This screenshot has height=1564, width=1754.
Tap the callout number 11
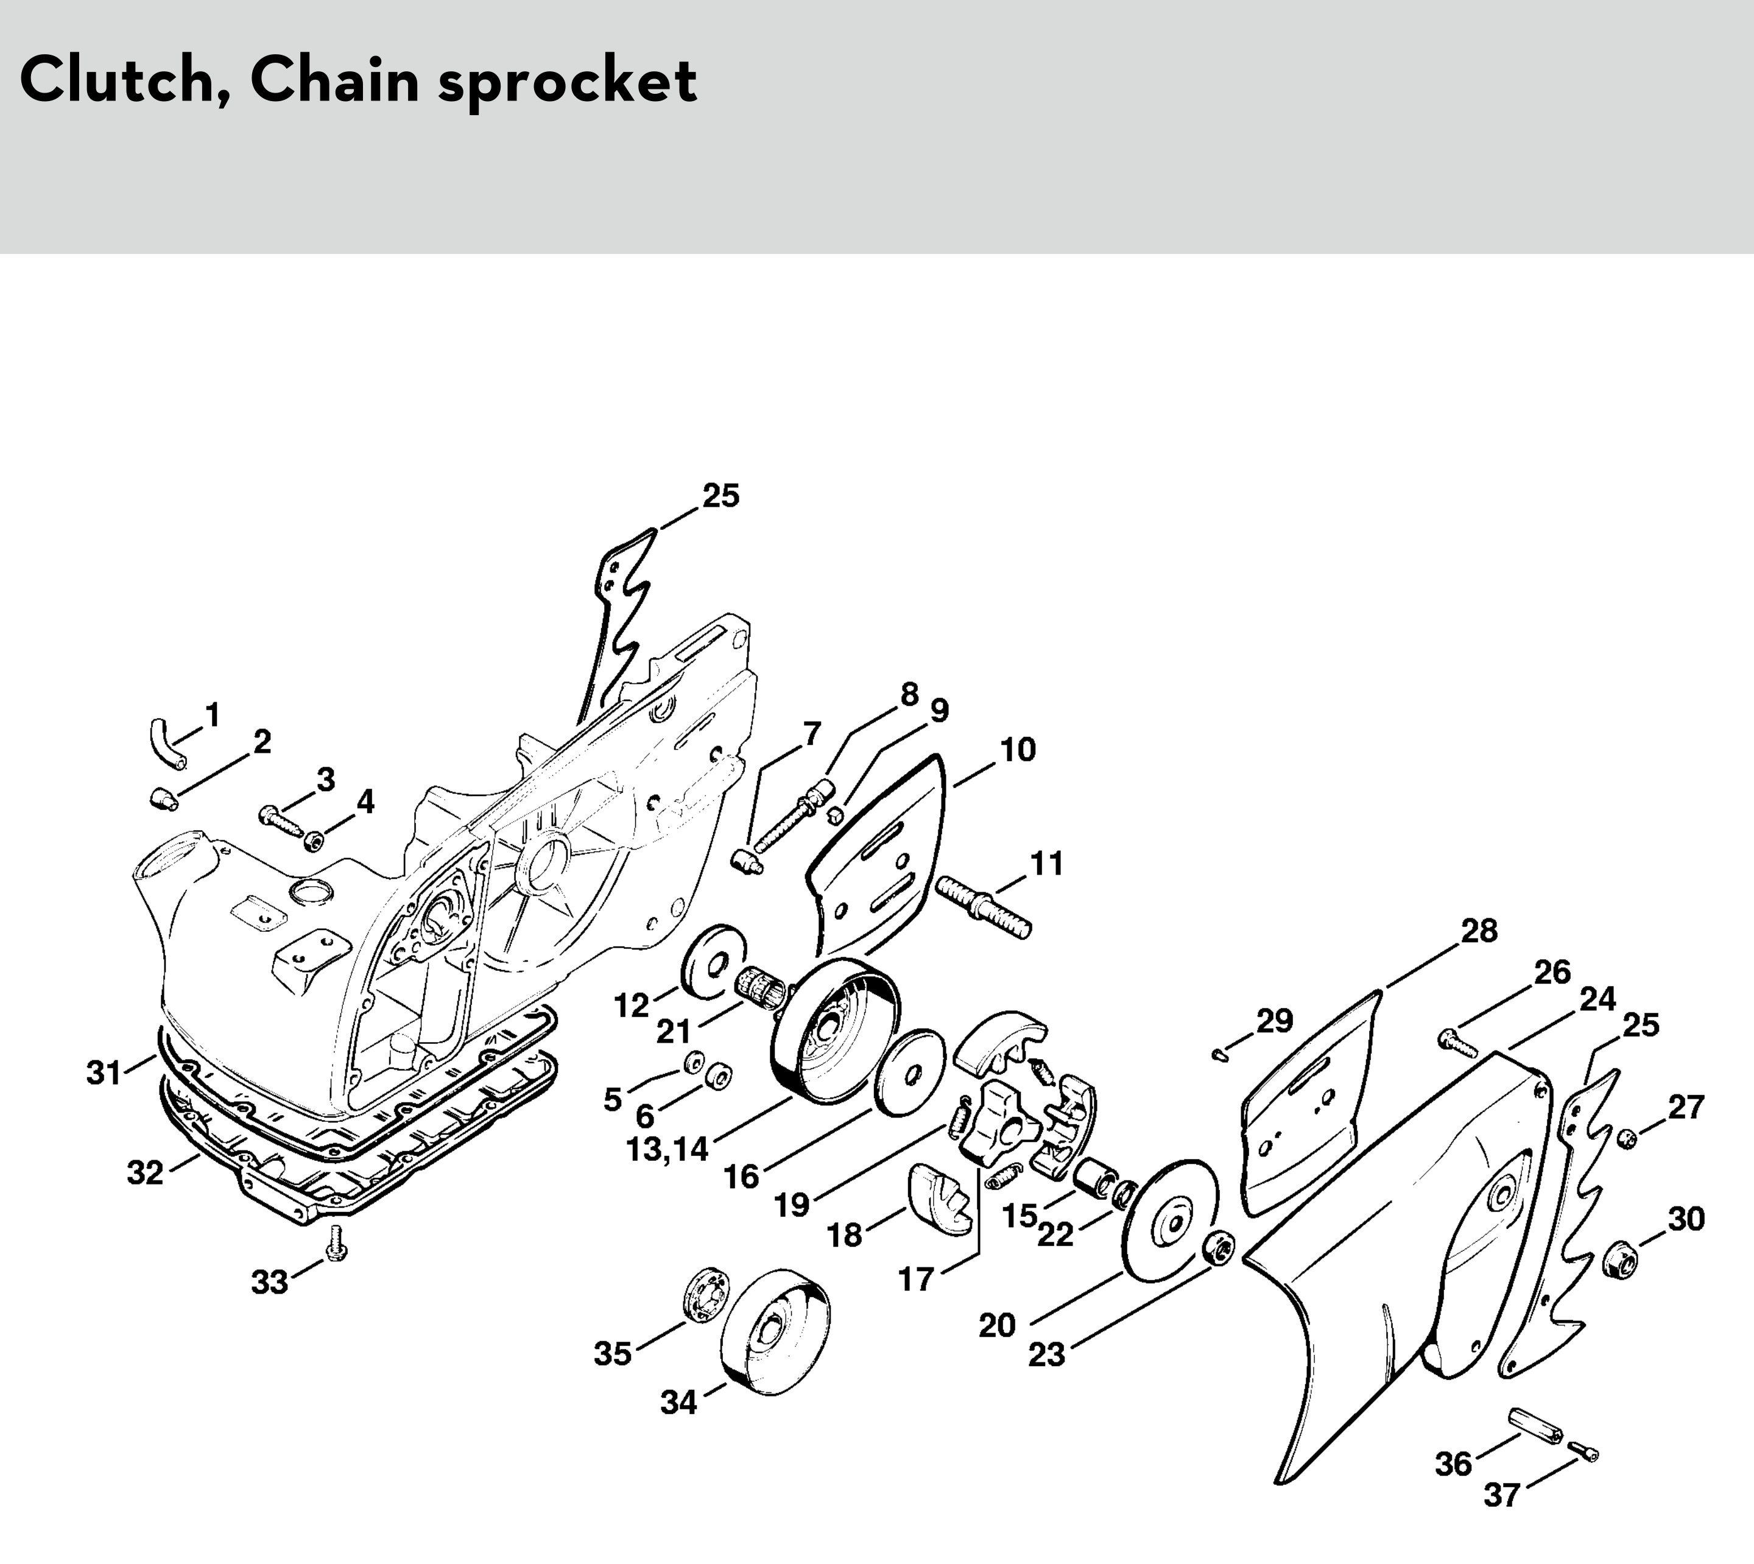1048,863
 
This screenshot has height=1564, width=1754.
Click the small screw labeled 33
337,1242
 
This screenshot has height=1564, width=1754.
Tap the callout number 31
104,1073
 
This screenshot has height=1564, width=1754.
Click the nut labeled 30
1622,1258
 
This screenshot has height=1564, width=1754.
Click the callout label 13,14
667,1149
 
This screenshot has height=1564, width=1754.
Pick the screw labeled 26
1457,1043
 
